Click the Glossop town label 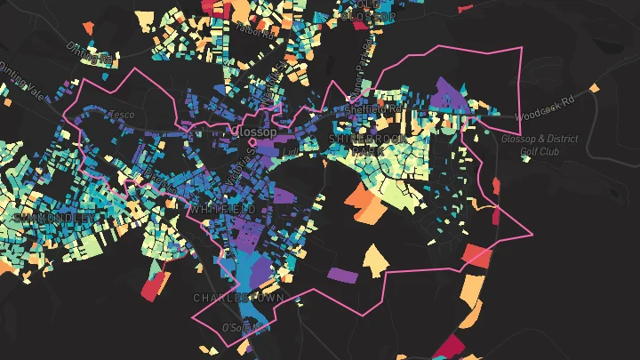coord(254,132)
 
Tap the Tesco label coord(120,115)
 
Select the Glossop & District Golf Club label coord(540,145)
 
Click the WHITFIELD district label coord(221,208)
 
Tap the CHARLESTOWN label coord(238,298)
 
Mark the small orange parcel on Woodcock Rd coord(594,88)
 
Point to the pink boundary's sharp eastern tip coord(532,235)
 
